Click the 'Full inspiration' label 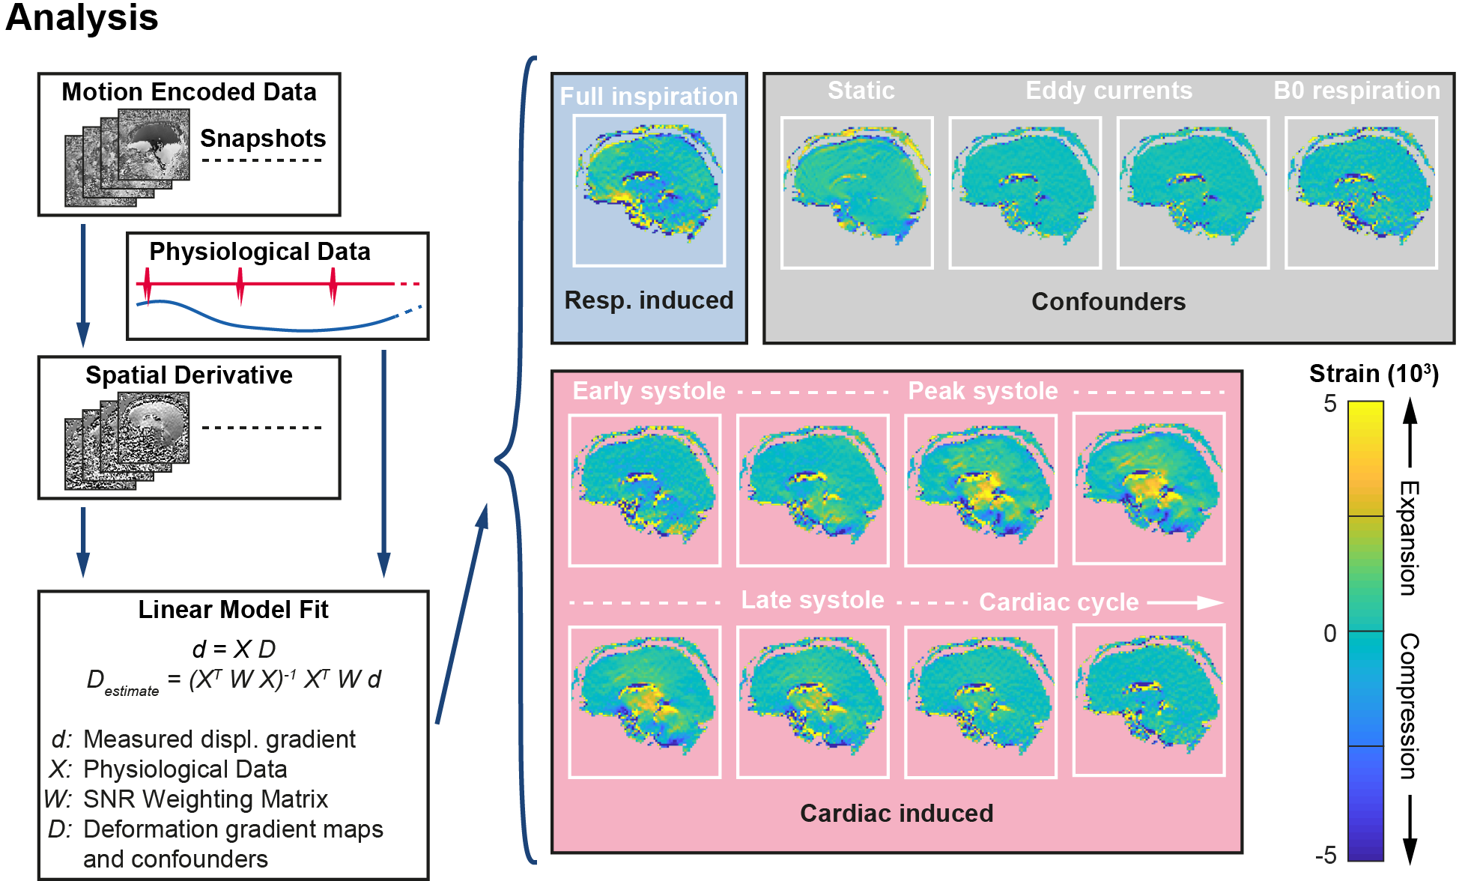tap(649, 97)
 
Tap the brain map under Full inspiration tap(649, 190)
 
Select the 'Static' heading tap(861, 91)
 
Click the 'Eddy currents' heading tap(1108, 91)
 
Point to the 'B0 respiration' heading tap(1356, 91)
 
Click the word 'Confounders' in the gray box tap(1108, 301)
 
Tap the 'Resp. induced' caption tap(649, 300)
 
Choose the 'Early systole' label tap(649, 391)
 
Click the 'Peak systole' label tap(983, 391)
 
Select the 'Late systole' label tap(813, 600)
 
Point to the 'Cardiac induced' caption tap(897, 814)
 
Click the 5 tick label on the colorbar tap(1329, 404)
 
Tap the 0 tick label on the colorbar tap(1329, 634)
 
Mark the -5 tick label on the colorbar tap(1326, 855)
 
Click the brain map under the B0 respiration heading tap(1361, 193)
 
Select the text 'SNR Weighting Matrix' tap(205, 799)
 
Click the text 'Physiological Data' tap(185, 769)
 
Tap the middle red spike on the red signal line tap(240, 285)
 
